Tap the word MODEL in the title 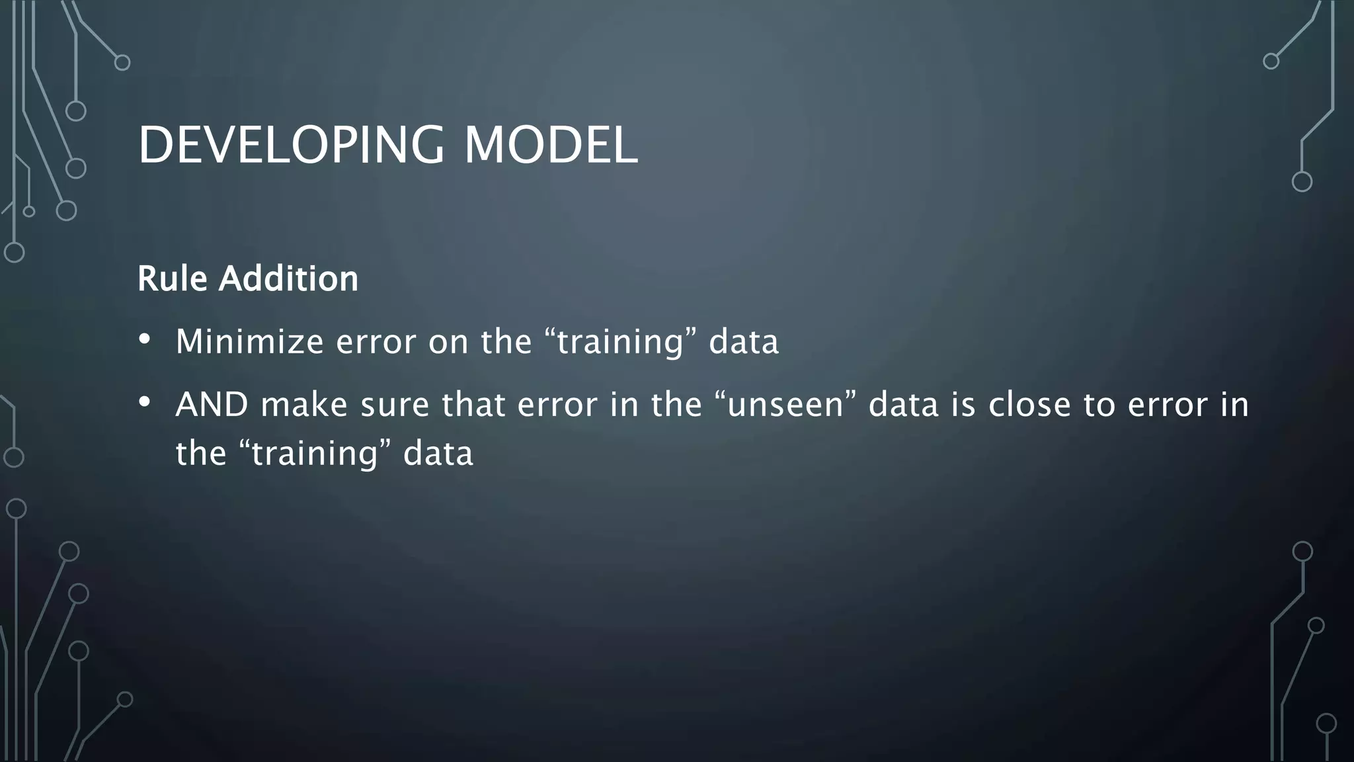(x=550, y=146)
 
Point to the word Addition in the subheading (x=288, y=278)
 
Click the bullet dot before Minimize (x=145, y=340)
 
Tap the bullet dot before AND (x=145, y=402)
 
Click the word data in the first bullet (x=744, y=342)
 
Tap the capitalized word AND (x=212, y=404)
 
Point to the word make (x=304, y=404)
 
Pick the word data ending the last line (x=438, y=453)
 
